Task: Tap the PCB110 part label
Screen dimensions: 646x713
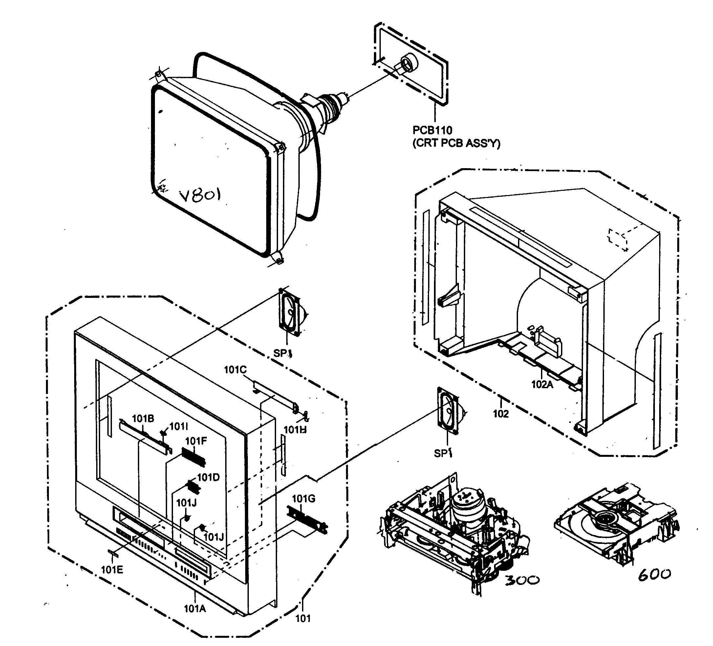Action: [x=432, y=130]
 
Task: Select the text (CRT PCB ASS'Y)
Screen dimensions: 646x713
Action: [x=456, y=143]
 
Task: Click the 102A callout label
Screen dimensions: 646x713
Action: [x=542, y=384]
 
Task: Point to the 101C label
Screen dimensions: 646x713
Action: [x=235, y=370]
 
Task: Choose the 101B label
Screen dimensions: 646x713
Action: [x=143, y=418]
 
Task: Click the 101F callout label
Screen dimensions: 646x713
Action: [x=196, y=441]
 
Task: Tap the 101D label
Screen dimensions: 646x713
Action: [x=208, y=477]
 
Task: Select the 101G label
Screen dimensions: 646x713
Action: [x=303, y=499]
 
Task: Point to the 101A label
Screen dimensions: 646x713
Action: [x=195, y=609]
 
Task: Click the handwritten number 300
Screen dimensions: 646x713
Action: [x=522, y=580]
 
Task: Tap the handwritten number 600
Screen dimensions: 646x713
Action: [x=654, y=574]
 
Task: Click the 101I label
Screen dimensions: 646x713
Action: [x=178, y=426]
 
